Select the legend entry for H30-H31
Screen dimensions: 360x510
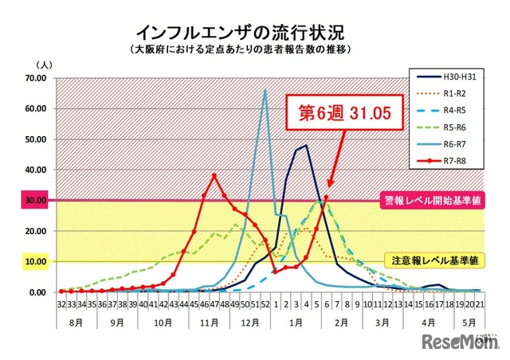(x=449, y=76)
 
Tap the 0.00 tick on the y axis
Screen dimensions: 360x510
(x=40, y=292)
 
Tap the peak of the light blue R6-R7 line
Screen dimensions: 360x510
(x=265, y=90)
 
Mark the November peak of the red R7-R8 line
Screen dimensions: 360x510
(x=214, y=175)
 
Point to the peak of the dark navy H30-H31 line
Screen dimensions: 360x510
(x=306, y=145)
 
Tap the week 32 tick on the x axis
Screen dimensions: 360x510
(x=61, y=304)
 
